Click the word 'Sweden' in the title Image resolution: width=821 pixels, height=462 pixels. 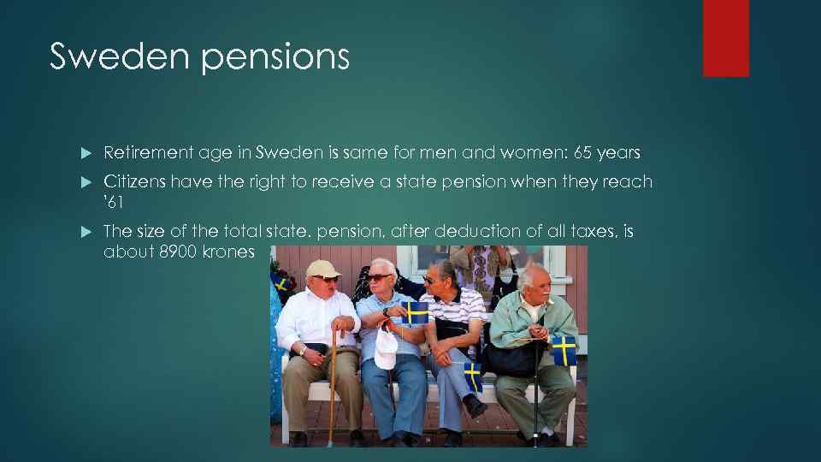click(102, 56)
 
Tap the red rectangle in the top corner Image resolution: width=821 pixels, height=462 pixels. click(725, 38)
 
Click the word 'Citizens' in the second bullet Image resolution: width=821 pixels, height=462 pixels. click(134, 181)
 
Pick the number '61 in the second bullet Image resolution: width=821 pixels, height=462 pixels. click(114, 203)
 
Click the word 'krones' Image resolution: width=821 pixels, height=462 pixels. click(228, 252)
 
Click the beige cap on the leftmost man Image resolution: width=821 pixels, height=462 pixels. click(323, 269)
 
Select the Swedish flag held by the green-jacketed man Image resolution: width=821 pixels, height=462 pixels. click(564, 350)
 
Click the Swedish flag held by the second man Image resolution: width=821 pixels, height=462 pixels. click(416, 313)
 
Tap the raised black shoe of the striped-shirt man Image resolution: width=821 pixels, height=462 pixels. click(475, 404)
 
